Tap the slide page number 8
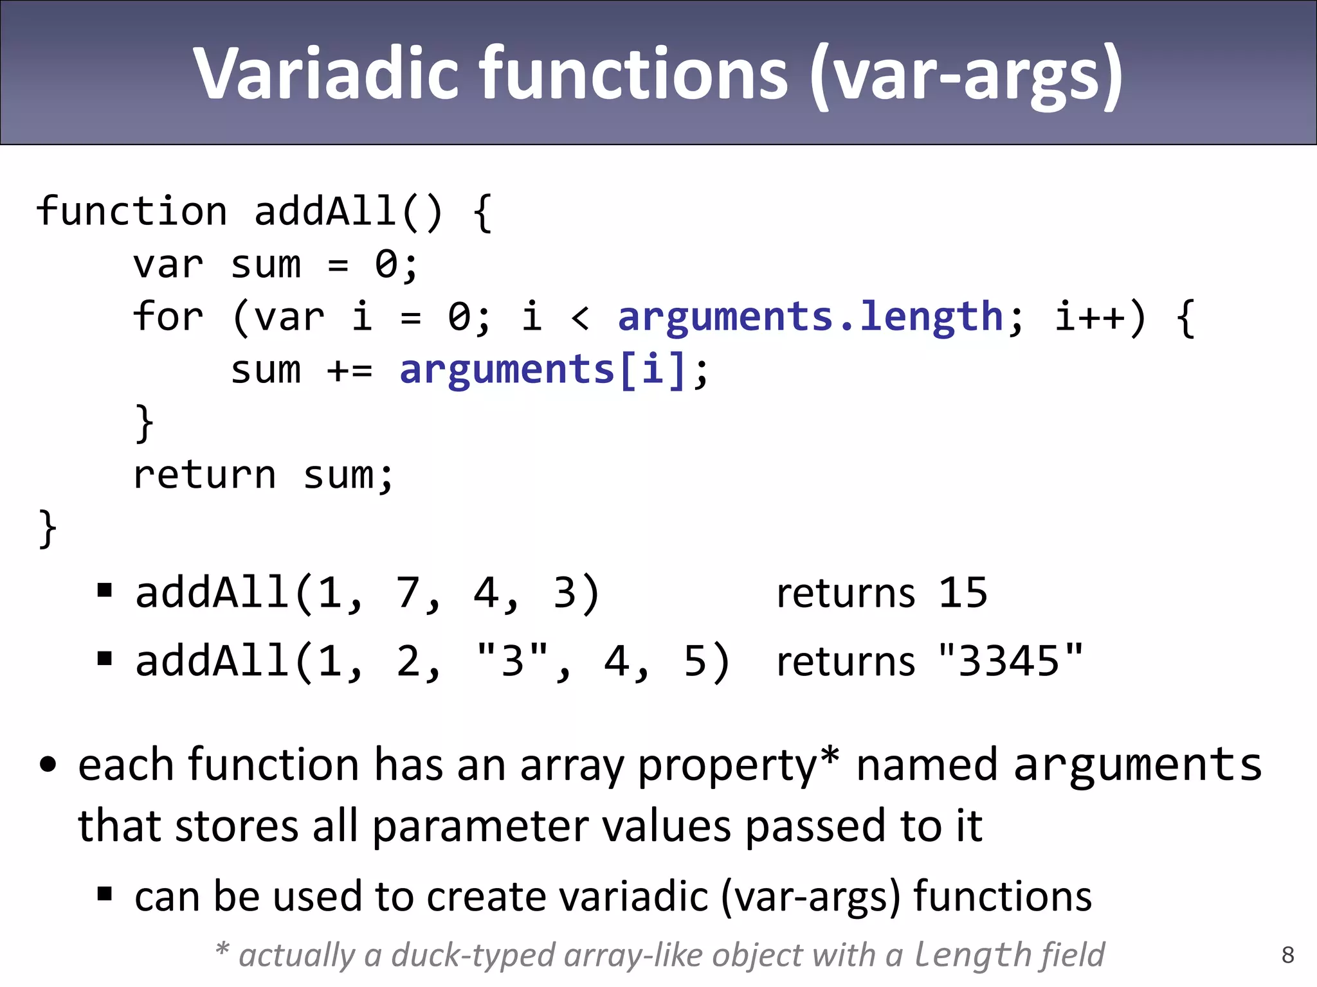click(1287, 955)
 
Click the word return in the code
click(204, 475)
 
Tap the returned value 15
click(962, 592)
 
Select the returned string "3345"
click(1010, 661)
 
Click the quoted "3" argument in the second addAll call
click(513, 661)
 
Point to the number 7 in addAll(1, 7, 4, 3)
click(408, 592)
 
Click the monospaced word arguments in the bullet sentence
click(1138, 765)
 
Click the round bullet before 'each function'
click(48, 765)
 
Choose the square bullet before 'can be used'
click(105, 894)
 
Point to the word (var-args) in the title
click(967, 74)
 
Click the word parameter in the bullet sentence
click(480, 826)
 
